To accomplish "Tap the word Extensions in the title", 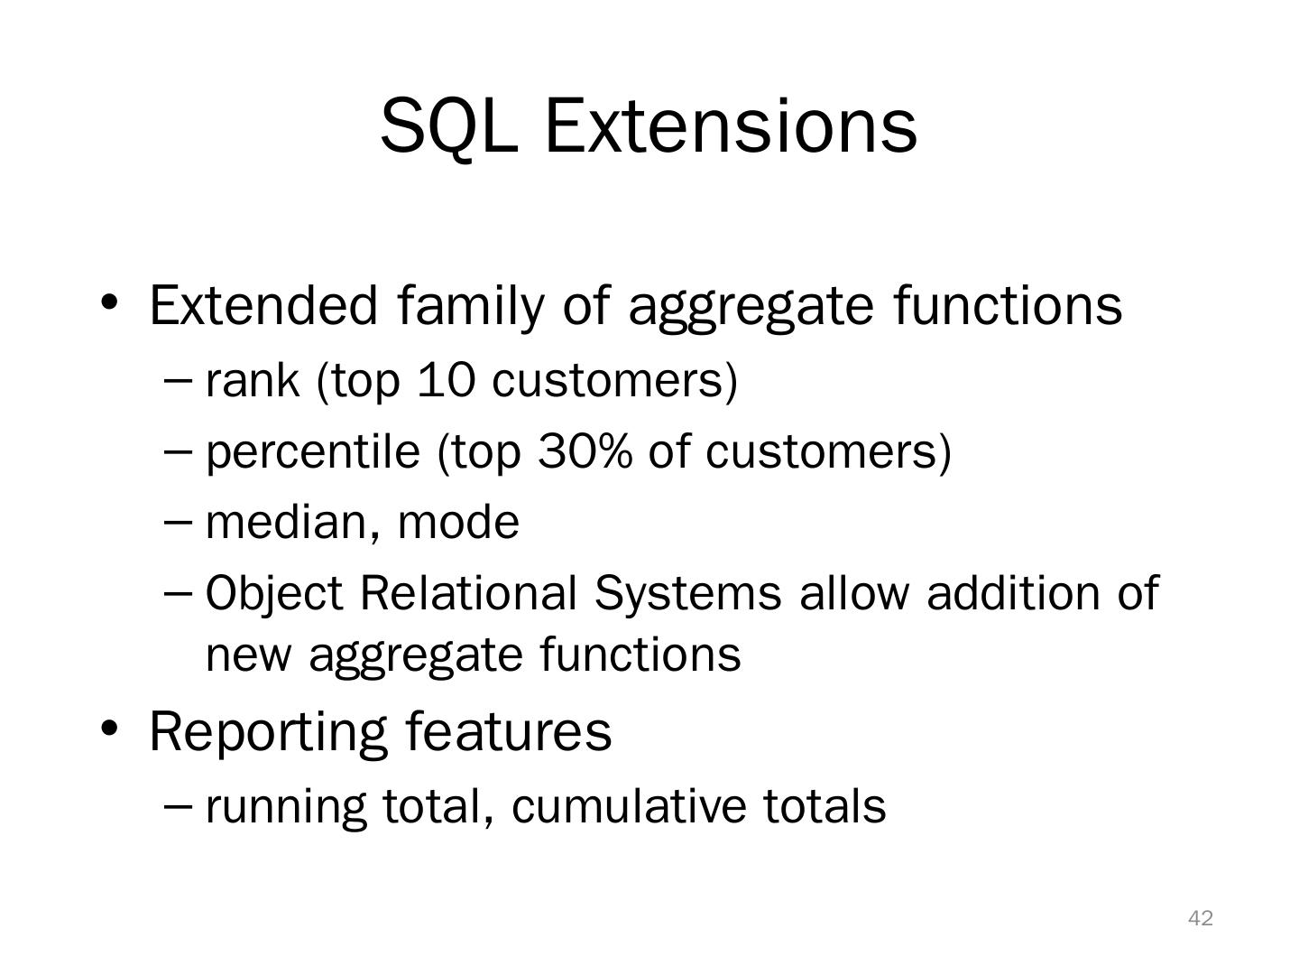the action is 731,125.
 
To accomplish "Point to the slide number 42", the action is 1200,918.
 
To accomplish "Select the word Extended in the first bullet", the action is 263,305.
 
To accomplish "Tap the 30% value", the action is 585,451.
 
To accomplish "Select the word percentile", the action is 313,453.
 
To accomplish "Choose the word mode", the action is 458,523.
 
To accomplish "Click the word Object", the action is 274,594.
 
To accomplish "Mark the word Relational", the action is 468,593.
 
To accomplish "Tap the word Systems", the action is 687,594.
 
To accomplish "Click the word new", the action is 249,657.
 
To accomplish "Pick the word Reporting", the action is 268,734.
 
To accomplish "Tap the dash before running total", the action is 178,805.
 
